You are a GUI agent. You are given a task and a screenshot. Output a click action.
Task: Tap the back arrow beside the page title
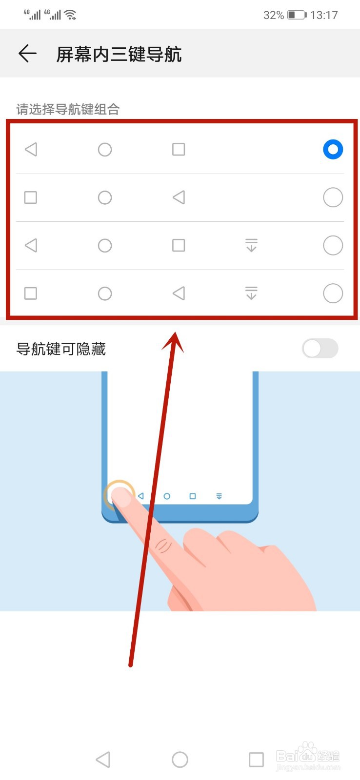pyautogui.click(x=27, y=54)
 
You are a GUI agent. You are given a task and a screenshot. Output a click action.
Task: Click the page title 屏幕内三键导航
pyautogui.click(x=119, y=54)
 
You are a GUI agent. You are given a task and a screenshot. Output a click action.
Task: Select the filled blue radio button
pyautogui.click(x=333, y=149)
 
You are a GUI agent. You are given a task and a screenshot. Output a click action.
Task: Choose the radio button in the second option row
pyautogui.click(x=333, y=197)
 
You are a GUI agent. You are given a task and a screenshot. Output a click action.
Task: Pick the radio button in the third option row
pyautogui.click(x=333, y=245)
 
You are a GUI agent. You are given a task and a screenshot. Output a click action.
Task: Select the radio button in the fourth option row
pyautogui.click(x=333, y=293)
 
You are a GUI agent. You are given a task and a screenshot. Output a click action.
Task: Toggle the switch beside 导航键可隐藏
pyautogui.click(x=320, y=349)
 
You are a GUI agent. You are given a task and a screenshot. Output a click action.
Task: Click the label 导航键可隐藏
pyautogui.click(x=61, y=349)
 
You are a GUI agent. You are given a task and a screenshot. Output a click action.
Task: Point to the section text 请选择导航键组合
pyautogui.click(x=68, y=109)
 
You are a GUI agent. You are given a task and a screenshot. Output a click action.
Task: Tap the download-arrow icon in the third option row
pyautogui.click(x=251, y=245)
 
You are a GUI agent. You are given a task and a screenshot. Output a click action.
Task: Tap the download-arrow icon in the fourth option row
pyautogui.click(x=251, y=293)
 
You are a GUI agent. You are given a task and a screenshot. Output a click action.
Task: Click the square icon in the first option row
pyautogui.click(x=179, y=149)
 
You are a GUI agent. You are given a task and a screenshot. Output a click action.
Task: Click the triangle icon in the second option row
pyautogui.click(x=179, y=197)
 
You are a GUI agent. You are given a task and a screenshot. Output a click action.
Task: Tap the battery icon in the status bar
pyautogui.click(x=297, y=15)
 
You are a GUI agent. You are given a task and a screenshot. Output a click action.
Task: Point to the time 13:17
pyautogui.click(x=324, y=15)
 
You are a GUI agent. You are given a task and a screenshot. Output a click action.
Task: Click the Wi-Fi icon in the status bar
pyautogui.click(x=71, y=15)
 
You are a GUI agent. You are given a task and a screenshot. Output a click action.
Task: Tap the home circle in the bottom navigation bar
pyautogui.click(x=180, y=759)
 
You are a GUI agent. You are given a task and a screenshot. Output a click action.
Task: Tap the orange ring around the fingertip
pyautogui.click(x=119, y=493)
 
